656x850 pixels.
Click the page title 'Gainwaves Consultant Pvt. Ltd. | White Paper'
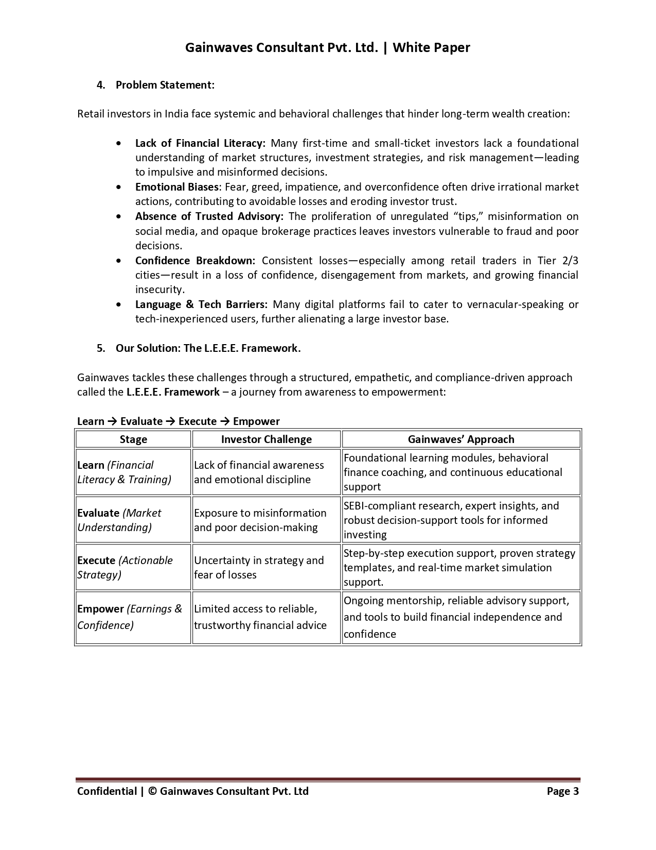(x=327, y=48)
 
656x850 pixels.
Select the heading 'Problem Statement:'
(x=165, y=85)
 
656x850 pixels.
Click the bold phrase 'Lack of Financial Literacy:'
(x=200, y=143)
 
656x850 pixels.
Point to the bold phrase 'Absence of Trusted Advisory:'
(x=209, y=216)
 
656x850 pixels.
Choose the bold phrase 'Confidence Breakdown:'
(x=195, y=261)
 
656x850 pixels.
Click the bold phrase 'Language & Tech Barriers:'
(x=201, y=304)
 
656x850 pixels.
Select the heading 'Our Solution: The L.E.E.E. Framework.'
(x=208, y=348)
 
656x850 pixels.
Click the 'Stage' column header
(x=133, y=439)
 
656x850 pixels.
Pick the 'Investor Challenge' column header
(x=266, y=439)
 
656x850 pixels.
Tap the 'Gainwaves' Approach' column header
(x=460, y=439)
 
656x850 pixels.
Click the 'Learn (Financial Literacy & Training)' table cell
(x=124, y=472)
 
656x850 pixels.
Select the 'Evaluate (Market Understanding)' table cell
(x=119, y=520)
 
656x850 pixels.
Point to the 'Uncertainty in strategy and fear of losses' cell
(x=259, y=568)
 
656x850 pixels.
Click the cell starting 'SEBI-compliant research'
(x=451, y=520)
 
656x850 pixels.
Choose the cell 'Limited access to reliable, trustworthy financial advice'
(x=260, y=617)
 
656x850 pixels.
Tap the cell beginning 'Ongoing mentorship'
(x=456, y=617)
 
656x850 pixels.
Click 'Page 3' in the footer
(x=562, y=791)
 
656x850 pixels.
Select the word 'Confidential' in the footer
(x=107, y=791)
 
